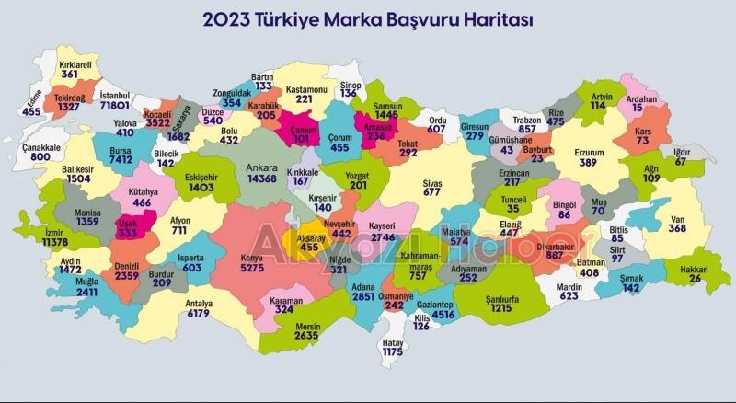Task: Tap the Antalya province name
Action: tap(199, 303)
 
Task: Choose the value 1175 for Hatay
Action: tap(393, 352)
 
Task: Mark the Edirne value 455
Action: tap(32, 111)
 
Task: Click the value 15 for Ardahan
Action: tap(637, 108)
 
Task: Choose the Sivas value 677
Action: tap(432, 194)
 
